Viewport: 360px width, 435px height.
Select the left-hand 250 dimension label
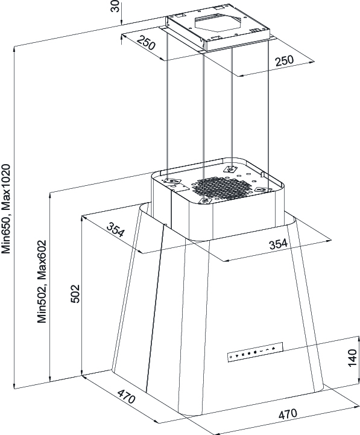pyautogui.click(x=145, y=42)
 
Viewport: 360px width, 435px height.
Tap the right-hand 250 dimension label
pyautogui.click(x=284, y=61)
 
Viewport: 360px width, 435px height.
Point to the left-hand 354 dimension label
pyautogui.click(x=115, y=229)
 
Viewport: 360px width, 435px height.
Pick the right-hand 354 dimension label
pyautogui.click(x=278, y=244)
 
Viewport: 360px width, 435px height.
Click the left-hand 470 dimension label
pyautogui.click(x=126, y=396)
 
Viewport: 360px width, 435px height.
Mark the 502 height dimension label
pyautogui.click(x=75, y=293)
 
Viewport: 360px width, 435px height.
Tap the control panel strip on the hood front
pyautogui.click(x=255, y=352)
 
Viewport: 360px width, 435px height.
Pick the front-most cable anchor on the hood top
pyautogui.click(x=204, y=200)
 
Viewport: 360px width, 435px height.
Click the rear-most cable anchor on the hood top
pyautogui.click(x=230, y=169)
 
